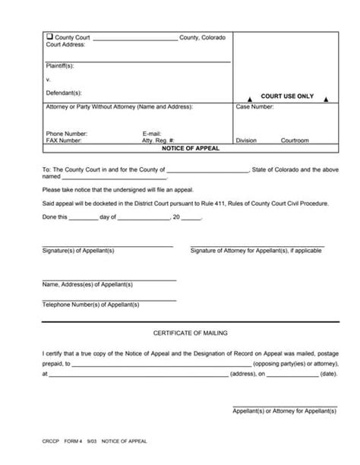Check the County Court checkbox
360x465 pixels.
coord(50,37)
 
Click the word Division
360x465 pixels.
coord(247,141)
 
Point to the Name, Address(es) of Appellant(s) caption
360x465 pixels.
coord(87,284)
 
